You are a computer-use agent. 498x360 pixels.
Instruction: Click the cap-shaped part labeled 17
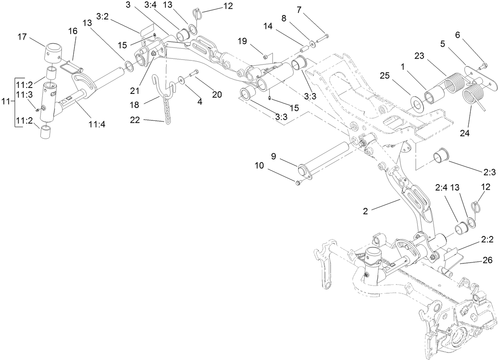click(x=52, y=53)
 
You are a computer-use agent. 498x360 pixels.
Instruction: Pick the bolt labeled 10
click(x=298, y=182)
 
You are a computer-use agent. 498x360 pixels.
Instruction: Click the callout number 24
click(x=465, y=133)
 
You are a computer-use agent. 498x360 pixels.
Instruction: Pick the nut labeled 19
click(x=266, y=57)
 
